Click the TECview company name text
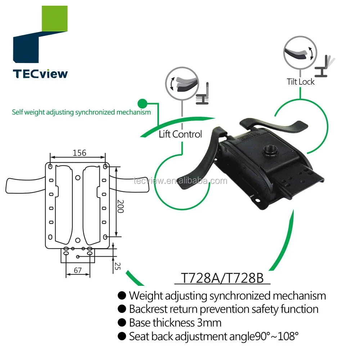(40, 73)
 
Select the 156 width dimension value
(79, 153)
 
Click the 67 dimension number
(77, 270)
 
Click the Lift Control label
(180, 134)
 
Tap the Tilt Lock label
(301, 82)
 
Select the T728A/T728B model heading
(222, 278)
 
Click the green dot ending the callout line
(144, 103)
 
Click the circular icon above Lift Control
(182, 82)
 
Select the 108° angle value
(286, 336)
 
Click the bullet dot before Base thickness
(122, 323)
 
